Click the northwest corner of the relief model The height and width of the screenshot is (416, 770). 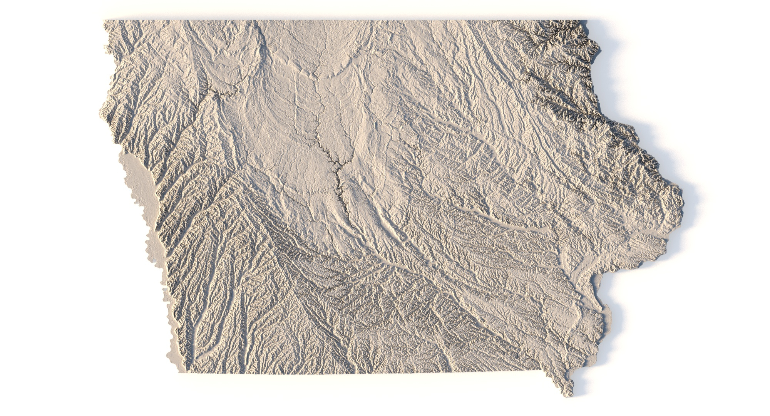point(104,21)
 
